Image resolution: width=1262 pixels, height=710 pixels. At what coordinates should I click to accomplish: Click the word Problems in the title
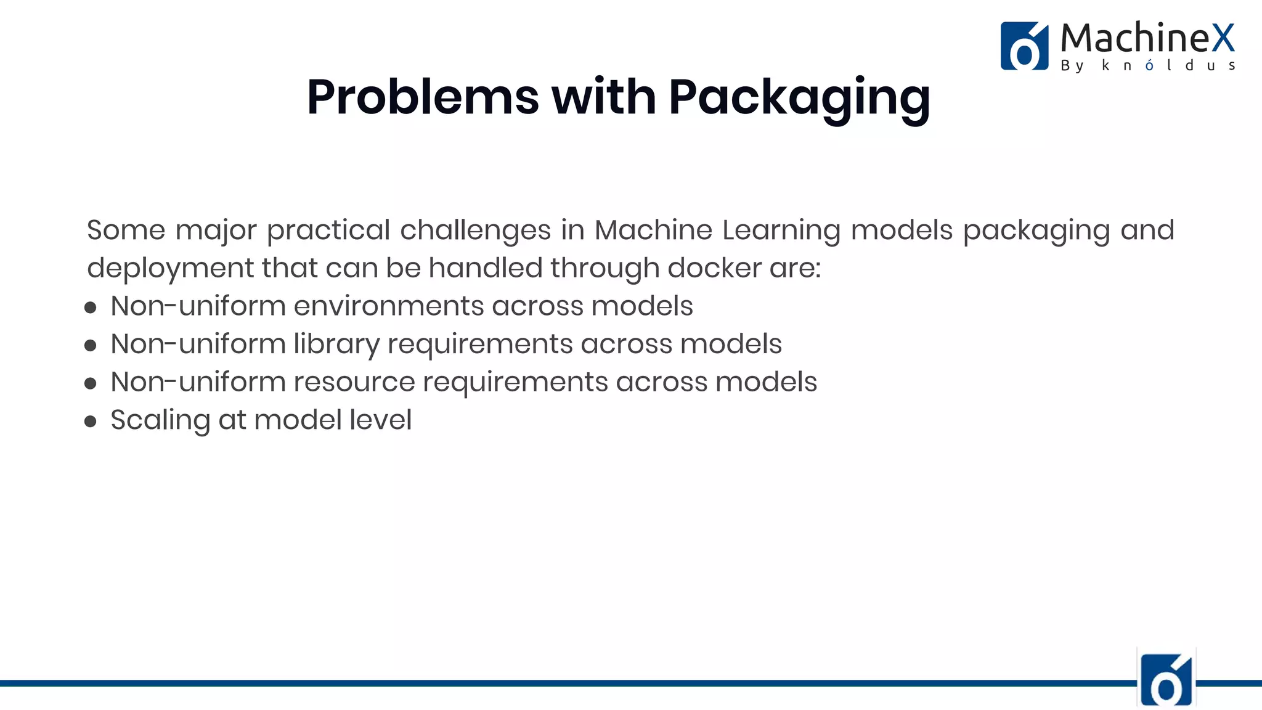pyautogui.click(x=423, y=97)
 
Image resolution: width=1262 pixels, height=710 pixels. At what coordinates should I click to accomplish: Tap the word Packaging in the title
pyautogui.click(x=799, y=99)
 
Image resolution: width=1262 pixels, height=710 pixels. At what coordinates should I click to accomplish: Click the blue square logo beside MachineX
pyautogui.click(x=1024, y=46)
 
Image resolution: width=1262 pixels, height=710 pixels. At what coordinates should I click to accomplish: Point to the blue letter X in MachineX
pyautogui.click(x=1223, y=38)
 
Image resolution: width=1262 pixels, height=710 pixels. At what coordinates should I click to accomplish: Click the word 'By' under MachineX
pyautogui.click(x=1072, y=66)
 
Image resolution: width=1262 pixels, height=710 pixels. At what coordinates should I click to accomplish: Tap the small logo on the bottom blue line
pyautogui.click(x=1166, y=679)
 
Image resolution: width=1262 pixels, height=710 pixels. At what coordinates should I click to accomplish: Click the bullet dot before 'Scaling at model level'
pyautogui.click(x=91, y=422)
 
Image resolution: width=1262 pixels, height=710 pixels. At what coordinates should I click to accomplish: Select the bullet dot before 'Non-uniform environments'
pyautogui.click(x=91, y=308)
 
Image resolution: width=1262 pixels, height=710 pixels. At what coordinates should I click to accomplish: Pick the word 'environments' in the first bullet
pyautogui.click(x=389, y=306)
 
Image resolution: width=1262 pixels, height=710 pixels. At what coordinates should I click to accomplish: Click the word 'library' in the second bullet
pyautogui.click(x=336, y=345)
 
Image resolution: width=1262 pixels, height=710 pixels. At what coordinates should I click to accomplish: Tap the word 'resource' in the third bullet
pyautogui.click(x=354, y=382)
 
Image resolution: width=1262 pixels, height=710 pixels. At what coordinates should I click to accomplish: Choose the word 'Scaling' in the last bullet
pyautogui.click(x=160, y=421)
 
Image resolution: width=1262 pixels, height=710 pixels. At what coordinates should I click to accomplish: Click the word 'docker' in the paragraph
pyautogui.click(x=715, y=268)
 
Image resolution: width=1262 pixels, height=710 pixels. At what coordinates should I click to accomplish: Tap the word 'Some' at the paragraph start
pyautogui.click(x=126, y=231)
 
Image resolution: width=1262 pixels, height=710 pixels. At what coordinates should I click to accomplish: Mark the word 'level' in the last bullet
pyautogui.click(x=380, y=420)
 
